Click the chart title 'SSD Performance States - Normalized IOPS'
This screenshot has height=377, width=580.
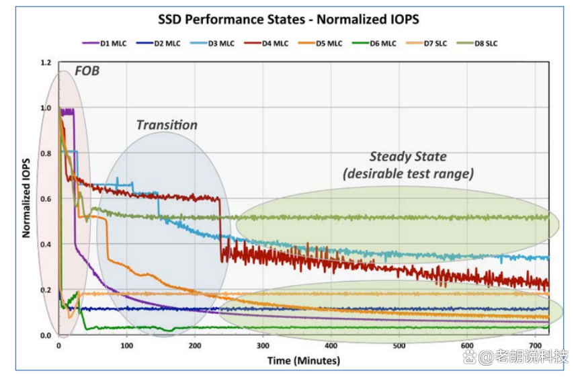(x=288, y=19)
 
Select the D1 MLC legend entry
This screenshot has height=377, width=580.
(x=104, y=43)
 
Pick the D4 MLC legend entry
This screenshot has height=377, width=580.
(x=266, y=43)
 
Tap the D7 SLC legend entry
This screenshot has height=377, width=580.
(x=427, y=43)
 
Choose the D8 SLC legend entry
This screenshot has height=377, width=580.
(x=478, y=43)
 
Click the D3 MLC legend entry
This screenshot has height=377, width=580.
(x=212, y=43)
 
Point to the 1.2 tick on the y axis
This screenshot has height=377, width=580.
(x=46, y=62)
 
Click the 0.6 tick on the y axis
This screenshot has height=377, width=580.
(x=46, y=199)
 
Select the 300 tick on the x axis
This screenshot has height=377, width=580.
(x=263, y=345)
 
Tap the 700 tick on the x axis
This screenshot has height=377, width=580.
(x=535, y=345)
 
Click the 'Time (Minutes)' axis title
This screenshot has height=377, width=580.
(x=304, y=360)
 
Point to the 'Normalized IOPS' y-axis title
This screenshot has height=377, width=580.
(x=26, y=198)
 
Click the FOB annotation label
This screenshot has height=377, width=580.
(x=87, y=71)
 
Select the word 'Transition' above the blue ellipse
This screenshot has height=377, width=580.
(x=167, y=125)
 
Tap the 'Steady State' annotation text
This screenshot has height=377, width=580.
(x=408, y=157)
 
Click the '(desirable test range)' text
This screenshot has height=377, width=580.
(x=408, y=173)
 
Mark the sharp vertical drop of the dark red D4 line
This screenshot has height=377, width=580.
(x=221, y=229)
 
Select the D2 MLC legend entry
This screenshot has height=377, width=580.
(x=159, y=43)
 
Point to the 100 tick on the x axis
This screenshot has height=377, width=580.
(x=127, y=345)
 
